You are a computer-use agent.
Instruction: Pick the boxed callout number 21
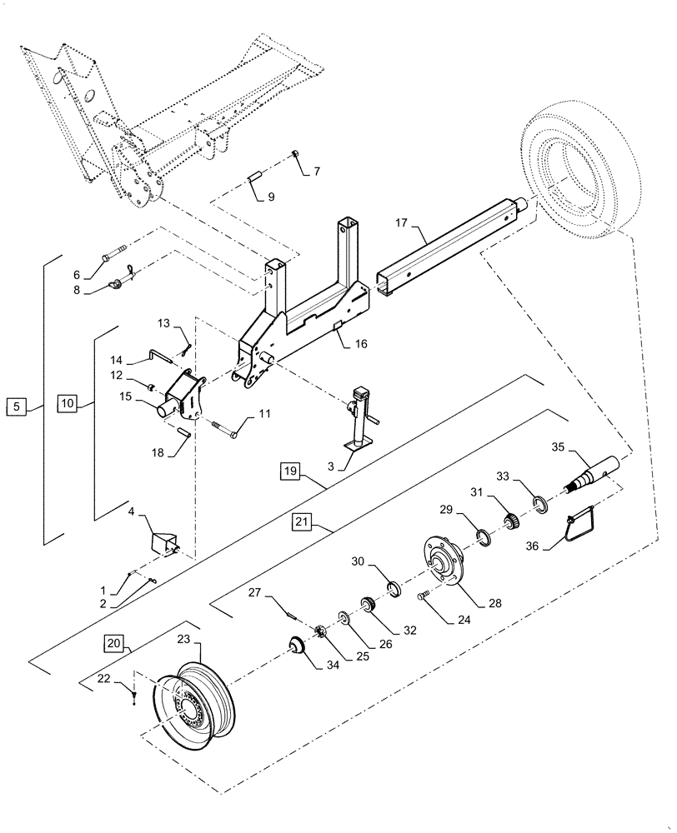(301, 522)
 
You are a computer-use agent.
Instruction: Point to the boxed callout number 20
(115, 642)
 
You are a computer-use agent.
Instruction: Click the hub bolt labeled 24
(423, 595)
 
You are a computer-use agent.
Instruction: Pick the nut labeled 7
(295, 155)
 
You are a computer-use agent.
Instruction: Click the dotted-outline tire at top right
(575, 171)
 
